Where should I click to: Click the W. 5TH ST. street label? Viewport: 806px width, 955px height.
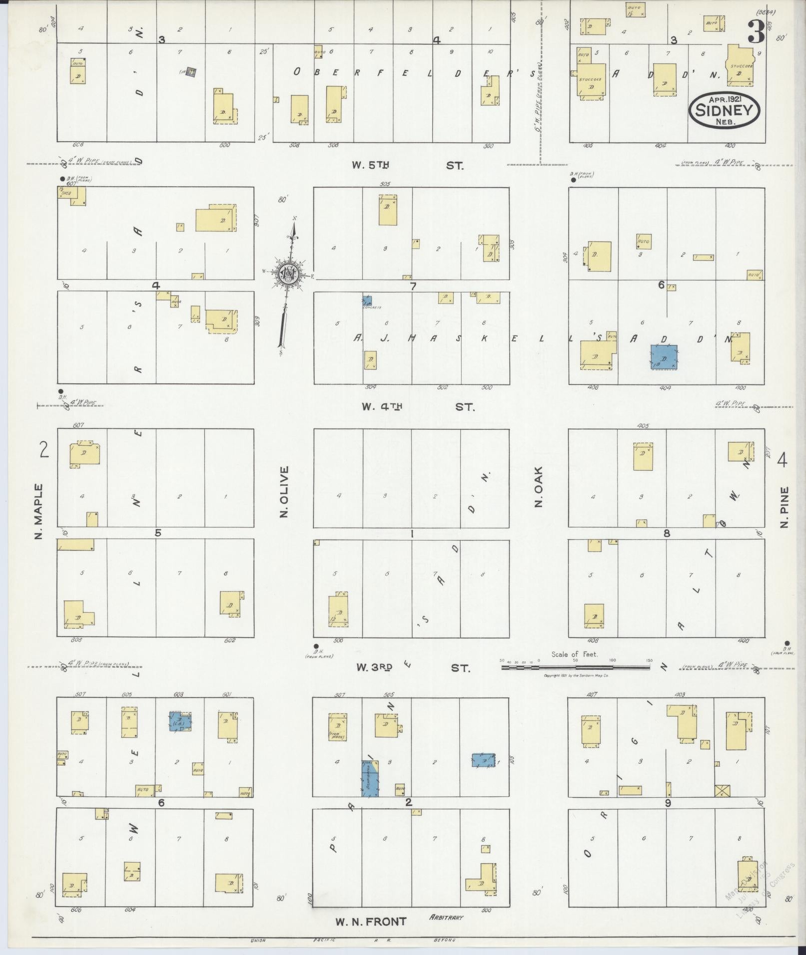(x=407, y=165)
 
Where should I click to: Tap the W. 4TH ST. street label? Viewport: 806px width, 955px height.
(x=418, y=407)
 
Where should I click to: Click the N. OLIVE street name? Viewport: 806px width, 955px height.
(x=284, y=492)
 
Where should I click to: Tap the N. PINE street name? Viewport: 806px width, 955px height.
(x=784, y=508)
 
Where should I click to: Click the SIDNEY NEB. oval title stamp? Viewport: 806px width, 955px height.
(x=724, y=109)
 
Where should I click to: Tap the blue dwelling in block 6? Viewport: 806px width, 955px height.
(x=664, y=357)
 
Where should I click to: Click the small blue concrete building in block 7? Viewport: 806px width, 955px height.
(x=367, y=301)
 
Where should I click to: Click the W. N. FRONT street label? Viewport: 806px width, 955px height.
(x=370, y=922)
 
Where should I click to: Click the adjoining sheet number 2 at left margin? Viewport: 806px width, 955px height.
(x=44, y=450)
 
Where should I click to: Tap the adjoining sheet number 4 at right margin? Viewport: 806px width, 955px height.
(x=782, y=460)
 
